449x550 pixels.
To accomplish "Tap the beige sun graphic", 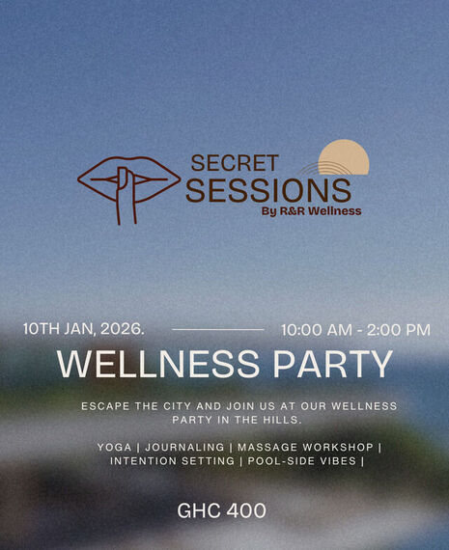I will pos(346,158).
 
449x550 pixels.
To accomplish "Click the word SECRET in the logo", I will pos(235,163).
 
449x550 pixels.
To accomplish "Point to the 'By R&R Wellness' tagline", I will pos(311,211).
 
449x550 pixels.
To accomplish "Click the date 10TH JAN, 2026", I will pos(83,329).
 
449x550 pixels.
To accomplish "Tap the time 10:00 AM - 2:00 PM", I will pos(355,330).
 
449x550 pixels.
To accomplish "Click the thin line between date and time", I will pos(217,330).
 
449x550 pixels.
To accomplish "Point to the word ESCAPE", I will pos(106,406).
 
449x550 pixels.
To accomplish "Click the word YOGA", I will pos(114,448).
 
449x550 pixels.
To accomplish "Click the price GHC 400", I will pos(221,510).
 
